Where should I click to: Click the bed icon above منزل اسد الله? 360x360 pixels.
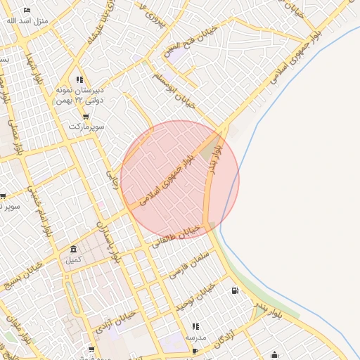pyautogui.click(x=27, y=11)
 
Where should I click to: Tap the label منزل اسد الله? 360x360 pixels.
pyautogui.click(x=27, y=20)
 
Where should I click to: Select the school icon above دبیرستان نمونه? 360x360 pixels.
pyautogui.click(x=79, y=79)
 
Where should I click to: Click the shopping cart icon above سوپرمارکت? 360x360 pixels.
pyautogui.click(x=86, y=117)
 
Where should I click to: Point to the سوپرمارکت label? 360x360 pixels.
pyautogui.click(x=86, y=127)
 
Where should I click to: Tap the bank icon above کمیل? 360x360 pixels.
pyautogui.click(x=74, y=250)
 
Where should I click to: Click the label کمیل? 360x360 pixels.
pyautogui.click(x=74, y=260)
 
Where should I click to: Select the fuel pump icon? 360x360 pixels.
pyautogui.click(x=234, y=290)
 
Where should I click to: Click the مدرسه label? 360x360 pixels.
pyautogui.click(x=195, y=337)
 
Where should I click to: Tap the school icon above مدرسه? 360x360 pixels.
pyautogui.click(x=195, y=327)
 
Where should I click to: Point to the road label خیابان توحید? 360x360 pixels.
pyautogui.click(x=195, y=297)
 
